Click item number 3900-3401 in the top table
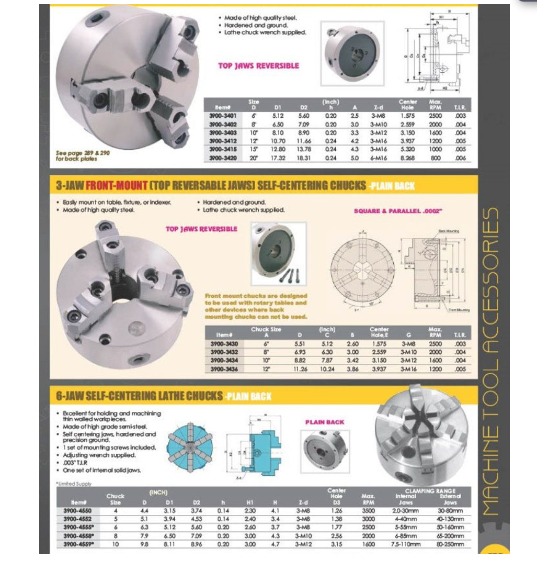point(223,116)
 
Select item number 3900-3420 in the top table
point(223,158)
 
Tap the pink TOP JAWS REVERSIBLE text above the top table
point(258,66)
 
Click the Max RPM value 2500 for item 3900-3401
point(435,116)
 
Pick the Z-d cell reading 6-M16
point(378,158)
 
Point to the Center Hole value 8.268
point(407,158)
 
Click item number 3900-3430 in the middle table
point(223,343)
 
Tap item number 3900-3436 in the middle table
point(223,368)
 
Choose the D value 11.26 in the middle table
point(300,368)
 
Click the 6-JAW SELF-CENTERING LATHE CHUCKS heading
point(139,396)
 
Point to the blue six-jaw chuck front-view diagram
point(191,446)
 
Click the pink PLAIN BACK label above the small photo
point(324,422)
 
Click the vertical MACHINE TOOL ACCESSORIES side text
point(493,361)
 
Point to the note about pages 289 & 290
point(76,156)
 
